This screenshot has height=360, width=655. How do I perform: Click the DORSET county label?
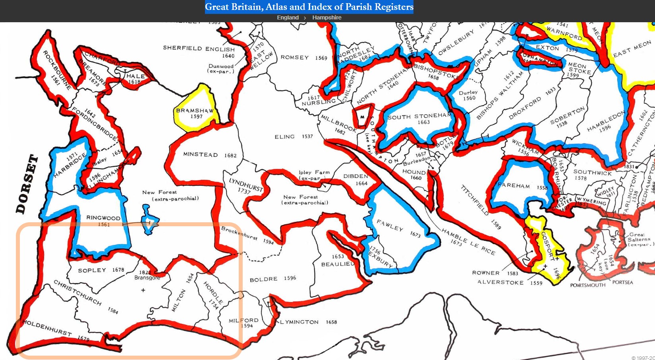coord(27,184)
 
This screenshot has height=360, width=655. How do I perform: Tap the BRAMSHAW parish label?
coord(195,111)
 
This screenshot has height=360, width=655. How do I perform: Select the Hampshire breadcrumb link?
coord(327,17)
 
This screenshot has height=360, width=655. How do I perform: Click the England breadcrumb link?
coord(288,17)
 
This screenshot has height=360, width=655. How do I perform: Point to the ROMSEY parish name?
coord(295,58)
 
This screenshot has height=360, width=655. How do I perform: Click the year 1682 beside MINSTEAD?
coord(230,156)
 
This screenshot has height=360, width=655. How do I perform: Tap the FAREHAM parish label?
coord(514,185)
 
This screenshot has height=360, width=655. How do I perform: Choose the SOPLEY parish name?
coord(92,270)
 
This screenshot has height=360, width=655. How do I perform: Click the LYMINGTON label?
coord(299,322)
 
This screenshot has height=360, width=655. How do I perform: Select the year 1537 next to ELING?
coord(307,137)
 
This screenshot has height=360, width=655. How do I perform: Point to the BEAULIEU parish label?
coord(338,264)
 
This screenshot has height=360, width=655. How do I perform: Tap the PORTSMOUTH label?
coord(587,285)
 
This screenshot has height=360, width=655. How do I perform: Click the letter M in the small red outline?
coord(362,117)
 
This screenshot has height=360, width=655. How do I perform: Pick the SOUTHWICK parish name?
coord(592,172)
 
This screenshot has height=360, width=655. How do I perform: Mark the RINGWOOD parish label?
coord(103,218)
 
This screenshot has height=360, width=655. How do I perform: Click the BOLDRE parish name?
coord(263,279)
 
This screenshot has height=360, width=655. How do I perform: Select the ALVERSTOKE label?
coord(500,282)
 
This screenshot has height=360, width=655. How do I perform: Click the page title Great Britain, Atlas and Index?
coord(309,7)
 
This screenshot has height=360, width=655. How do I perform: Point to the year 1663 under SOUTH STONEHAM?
coord(423,122)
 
